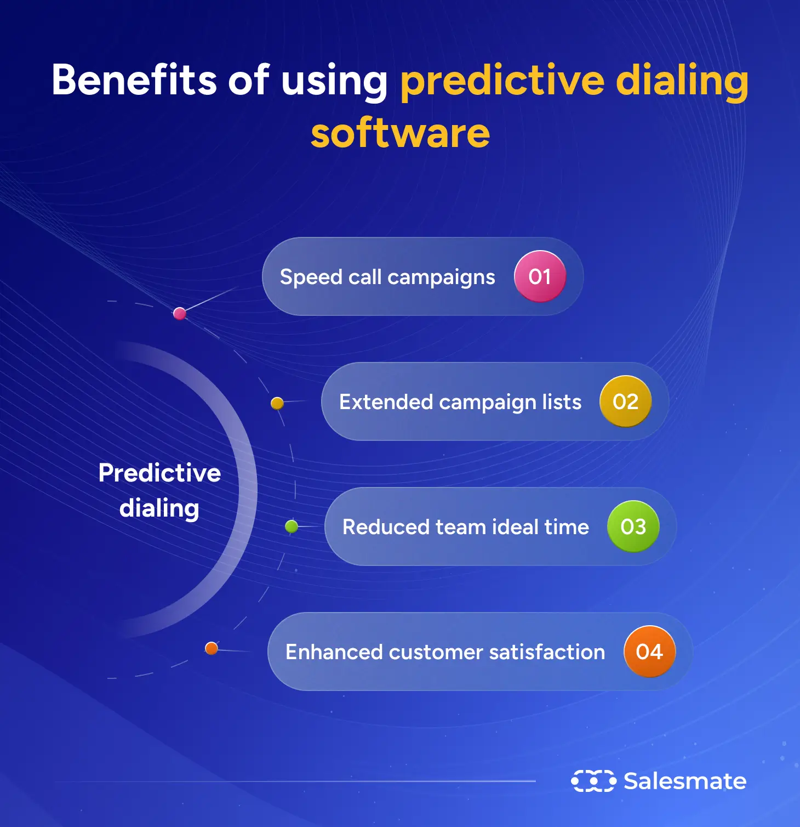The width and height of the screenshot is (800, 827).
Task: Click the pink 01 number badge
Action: (x=540, y=276)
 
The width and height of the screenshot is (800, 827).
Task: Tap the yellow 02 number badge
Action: (x=625, y=401)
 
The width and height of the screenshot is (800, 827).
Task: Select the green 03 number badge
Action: (x=633, y=526)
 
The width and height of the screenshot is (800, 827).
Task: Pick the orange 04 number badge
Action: (x=649, y=652)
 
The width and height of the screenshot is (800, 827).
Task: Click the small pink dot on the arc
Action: (x=179, y=314)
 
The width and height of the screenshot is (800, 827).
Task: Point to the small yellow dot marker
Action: (x=277, y=404)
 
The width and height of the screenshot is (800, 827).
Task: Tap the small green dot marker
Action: (x=292, y=527)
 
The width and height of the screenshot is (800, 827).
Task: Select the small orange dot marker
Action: (x=212, y=649)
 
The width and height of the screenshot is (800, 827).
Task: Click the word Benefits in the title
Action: (x=134, y=80)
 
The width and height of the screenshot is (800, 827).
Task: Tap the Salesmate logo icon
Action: (x=593, y=781)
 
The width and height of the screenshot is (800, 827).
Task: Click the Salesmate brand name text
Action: (x=685, y=781)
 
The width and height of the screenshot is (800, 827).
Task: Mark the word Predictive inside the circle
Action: (x=159, y=473)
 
